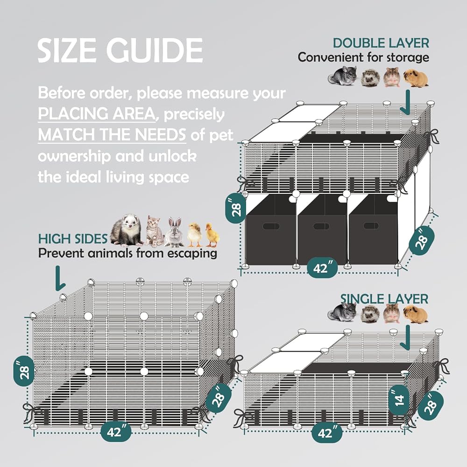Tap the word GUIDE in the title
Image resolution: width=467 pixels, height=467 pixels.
coord(155,50)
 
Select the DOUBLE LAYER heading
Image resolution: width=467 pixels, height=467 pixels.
coord(381,43)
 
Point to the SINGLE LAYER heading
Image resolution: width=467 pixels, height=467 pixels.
coord(384,299)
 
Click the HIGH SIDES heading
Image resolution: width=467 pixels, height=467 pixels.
coord(73,239)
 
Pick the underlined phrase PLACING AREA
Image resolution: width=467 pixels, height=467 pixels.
coord(97,114)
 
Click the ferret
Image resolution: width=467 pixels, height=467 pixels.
coord(127,230)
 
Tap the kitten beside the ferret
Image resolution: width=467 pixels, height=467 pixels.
coord(154,231)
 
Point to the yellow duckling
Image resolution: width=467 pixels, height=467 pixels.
coord(212,235)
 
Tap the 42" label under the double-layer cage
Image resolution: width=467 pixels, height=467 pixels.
coord(322,268)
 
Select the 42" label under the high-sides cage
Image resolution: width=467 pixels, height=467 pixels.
coord(116,432)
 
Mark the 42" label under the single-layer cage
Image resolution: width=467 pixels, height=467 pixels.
coord(327,432)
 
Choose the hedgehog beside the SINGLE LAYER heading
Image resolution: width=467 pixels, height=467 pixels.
coord(370,314)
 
